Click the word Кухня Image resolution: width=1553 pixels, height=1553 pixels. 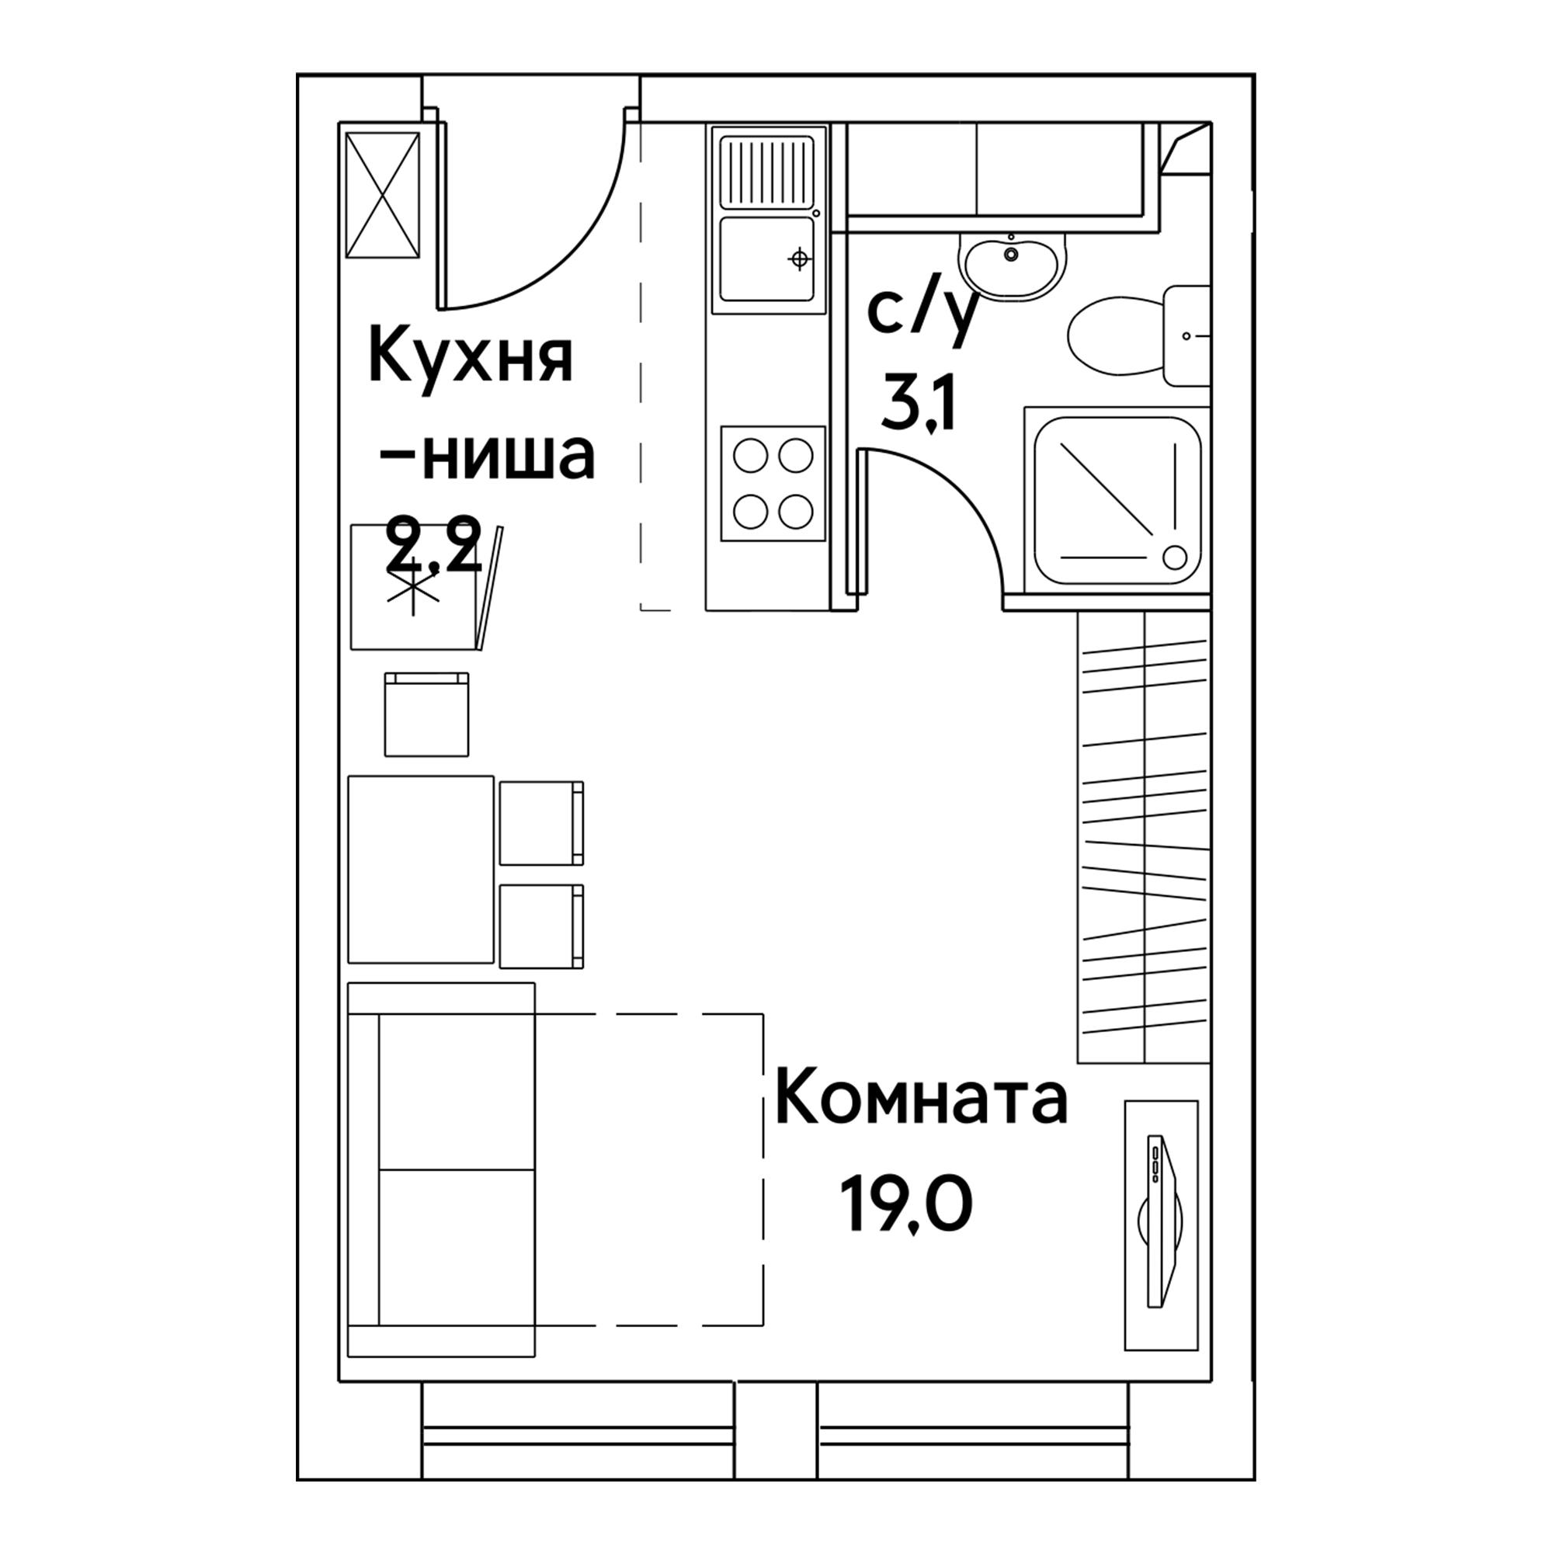click(471, 360)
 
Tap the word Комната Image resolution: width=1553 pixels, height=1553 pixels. click(922, 1100)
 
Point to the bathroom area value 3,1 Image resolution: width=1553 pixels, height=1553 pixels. click(917, 405)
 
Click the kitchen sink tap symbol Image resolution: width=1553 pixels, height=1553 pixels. click(799, 259)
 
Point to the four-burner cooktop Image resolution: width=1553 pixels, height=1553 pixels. click(773, 483)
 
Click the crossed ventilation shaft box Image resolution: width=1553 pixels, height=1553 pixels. click(383, 196)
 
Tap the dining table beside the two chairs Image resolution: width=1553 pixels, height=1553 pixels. click(420, 869)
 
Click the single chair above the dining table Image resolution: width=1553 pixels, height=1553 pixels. click(426, 714)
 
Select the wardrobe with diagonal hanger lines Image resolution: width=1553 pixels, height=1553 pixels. click(1143, 836)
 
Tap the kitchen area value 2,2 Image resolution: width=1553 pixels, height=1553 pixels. click(434, 545)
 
